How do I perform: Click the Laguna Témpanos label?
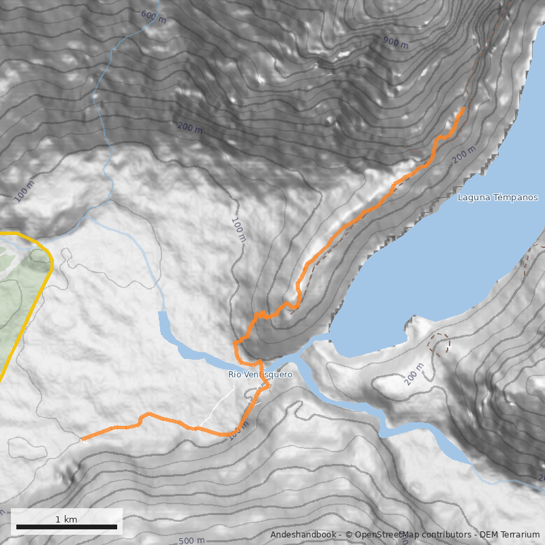pyautogui.click(x=497, y=198)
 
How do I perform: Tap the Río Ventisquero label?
pyautogui.click(x=260, y=375)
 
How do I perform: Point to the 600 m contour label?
pyautogui.click(x=153, y=16)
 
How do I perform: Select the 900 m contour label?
pyautogui.click(x=395, y=43)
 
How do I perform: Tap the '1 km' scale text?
pyautogui.click(x=66, y=519)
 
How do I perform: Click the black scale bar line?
pyautogui.click(x=66, y=527)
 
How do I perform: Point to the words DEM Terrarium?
pyautogui.click(x=509, y=535)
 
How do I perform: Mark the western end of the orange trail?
pyautogui.click(x=82, y=439)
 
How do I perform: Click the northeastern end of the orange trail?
pyautogui.click(x=463, y=109)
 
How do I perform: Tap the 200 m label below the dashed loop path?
pyautogui.click(x=413, y=374)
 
